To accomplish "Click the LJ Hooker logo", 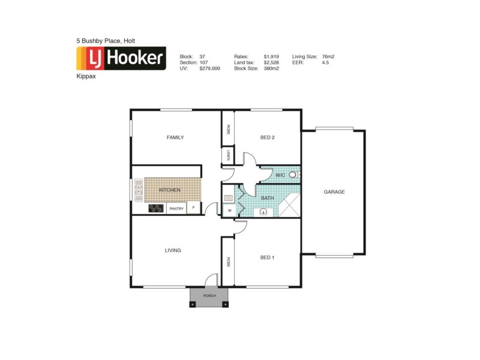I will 121,58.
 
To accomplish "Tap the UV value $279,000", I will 209,68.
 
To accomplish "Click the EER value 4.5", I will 326,62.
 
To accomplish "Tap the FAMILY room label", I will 175,137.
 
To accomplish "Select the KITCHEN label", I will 170,190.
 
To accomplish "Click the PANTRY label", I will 176,209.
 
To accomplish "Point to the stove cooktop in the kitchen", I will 156,209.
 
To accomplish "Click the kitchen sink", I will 138,190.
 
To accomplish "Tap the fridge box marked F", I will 193,208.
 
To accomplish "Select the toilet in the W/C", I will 292,175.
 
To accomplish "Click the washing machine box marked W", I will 229,211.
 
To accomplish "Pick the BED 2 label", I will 267,137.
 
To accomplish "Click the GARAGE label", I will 334,192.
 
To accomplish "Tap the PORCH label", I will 209,296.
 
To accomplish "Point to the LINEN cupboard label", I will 228,156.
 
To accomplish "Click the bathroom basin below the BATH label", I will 263,211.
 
